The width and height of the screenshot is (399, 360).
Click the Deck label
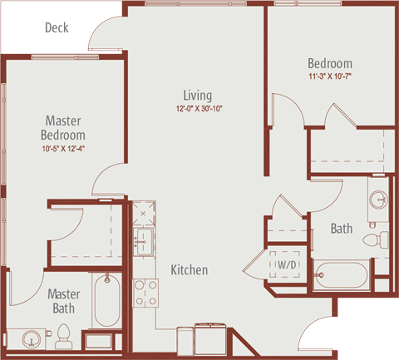point(57,27)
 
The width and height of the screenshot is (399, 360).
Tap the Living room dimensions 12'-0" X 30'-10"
point(199,108)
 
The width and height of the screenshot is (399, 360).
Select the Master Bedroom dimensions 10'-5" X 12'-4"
point(63,149)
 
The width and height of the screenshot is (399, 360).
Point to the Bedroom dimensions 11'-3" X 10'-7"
point(330,76)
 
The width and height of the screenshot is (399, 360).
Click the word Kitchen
point(190,270)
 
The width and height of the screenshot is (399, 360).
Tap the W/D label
point(287,264)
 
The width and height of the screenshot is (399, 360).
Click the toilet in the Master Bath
point(64,337)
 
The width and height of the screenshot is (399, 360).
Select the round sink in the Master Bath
point(31,338)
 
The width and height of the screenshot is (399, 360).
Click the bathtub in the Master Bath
point(107,300)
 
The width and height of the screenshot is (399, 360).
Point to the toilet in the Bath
point(376,239)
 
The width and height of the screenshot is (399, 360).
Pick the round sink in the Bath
point(379,199)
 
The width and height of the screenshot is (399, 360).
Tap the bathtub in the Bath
point(342,275)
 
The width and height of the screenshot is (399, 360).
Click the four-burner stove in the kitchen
point(145,293)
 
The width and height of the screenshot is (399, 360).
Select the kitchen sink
point(143,242)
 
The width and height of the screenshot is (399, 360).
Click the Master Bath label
point(64,301)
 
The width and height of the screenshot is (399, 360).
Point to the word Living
point(198,96)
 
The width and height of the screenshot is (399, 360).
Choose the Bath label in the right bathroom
point(342,229)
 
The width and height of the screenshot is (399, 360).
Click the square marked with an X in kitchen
point(143,214)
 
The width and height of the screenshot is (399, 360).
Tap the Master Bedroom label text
point(63,128)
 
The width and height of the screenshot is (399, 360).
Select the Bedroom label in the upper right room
point(330,63)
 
